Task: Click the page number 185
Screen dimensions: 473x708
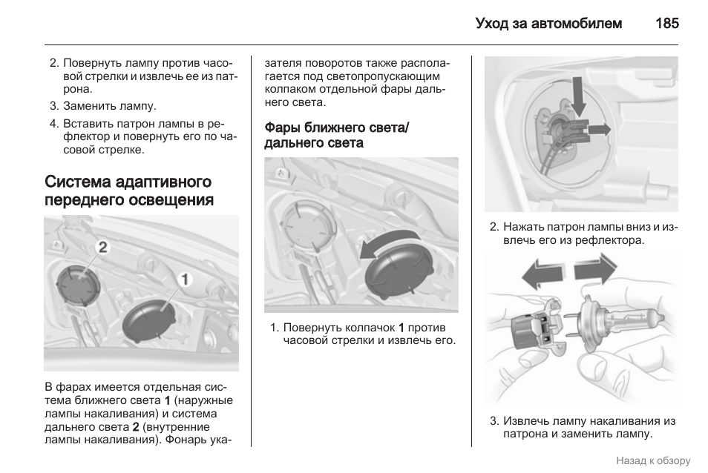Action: click(666, 24)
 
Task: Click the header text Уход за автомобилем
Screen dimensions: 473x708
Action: click(548, 24)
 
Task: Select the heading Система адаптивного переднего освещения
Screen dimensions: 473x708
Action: click(128, 191)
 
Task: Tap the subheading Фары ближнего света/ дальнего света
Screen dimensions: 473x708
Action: click(336, 135)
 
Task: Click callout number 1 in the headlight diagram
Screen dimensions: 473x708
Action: click(184, 279)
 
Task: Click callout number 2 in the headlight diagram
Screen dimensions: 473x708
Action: click(102, 246)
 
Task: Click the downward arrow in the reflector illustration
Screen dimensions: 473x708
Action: click(578, 98)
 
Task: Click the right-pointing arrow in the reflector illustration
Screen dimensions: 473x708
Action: click(597, 129)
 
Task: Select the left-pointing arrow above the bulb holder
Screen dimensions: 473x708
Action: click(543, 276)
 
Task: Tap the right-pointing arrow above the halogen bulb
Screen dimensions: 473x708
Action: click(595, 268)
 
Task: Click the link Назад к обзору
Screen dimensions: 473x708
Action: click(652, 460)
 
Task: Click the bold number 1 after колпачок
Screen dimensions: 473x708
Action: click(401, 327)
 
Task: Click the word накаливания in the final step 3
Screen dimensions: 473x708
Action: click(625, 420)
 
